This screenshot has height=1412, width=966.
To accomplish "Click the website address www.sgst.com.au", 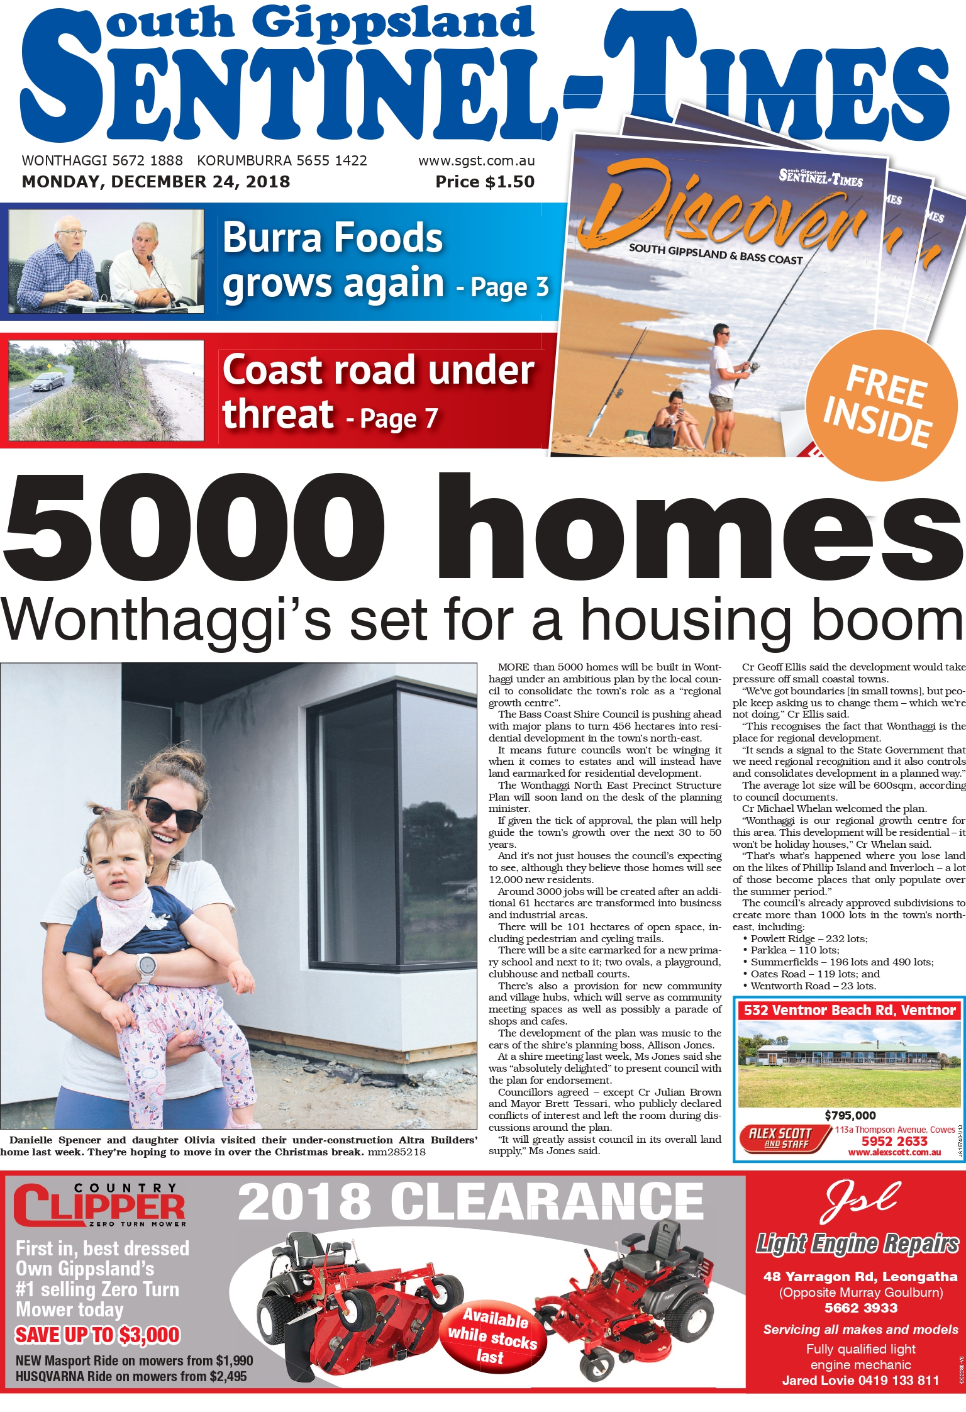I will point(476,161).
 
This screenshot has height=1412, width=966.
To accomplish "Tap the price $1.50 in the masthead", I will point(485,182).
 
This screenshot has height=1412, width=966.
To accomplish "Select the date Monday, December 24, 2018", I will point(156,182).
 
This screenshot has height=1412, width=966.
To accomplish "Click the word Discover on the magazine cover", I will point(723,208).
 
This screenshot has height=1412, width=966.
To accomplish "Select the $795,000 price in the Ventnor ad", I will point(850,1116).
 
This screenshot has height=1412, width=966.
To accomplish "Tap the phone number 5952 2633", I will point(894,1141).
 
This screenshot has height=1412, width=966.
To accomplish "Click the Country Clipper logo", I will point(99,1204).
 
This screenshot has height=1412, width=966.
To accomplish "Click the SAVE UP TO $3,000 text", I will point(97,1335).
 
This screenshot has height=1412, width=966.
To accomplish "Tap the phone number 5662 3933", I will point(860,1308).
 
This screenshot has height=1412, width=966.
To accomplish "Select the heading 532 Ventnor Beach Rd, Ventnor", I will point(850,1011).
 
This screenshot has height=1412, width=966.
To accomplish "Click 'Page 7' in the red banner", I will point(399,420).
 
